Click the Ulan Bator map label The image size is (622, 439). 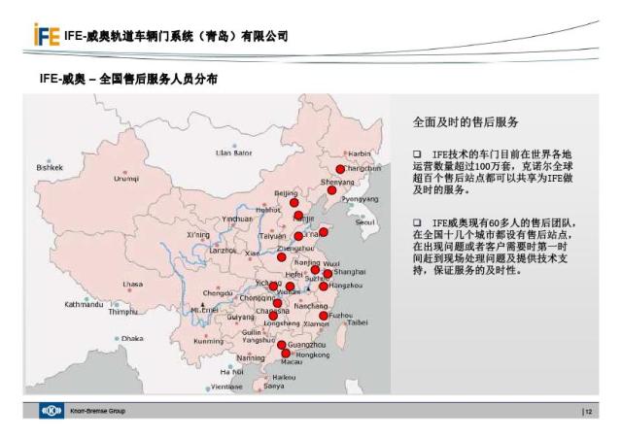click(233, 152)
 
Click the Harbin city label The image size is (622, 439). click(360, 153)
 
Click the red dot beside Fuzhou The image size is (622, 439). click(324, 316)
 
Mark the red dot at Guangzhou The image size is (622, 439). click(282, 345)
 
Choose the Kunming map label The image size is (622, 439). click(209, 341)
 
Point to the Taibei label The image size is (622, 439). click(358, 321)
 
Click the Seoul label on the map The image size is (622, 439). click(364, 221)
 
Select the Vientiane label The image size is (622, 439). click(226, 387)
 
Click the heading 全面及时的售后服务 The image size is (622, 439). click(466, 123)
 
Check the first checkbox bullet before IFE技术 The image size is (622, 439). click(417, 154)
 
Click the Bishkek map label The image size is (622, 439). click(50, 167)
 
